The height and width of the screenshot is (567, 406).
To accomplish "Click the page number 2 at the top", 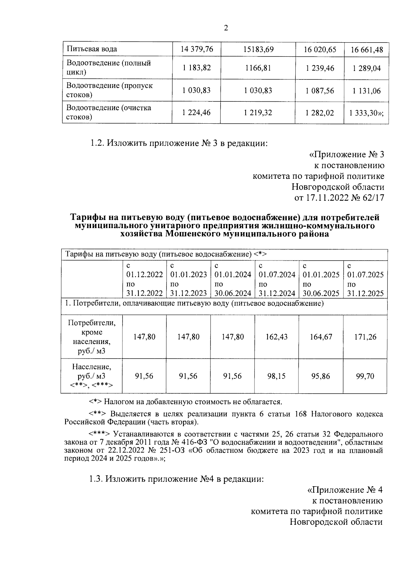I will coord(226,28).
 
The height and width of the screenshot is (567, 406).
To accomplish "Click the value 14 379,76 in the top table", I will coord(197,49).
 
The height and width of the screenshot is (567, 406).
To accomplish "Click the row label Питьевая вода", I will coord(92,49).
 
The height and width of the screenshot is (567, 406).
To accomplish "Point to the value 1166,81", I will coord(258,68).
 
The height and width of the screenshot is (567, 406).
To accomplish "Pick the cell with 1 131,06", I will coord(367,91).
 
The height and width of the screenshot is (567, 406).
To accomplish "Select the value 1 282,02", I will coord(320,113).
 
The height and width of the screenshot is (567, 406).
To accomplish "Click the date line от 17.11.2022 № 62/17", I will coord(339,198).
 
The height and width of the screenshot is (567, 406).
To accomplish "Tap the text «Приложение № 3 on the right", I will coord(347,154).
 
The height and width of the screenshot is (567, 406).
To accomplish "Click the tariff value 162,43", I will coord(277,337).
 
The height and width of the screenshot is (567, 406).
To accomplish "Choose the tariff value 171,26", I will coord(365,337).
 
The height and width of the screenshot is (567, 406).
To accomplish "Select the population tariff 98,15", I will coord(277,376).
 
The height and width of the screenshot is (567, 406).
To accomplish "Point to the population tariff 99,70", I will coord(365,376).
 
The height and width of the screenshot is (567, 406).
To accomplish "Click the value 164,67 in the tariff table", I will coord(321,337).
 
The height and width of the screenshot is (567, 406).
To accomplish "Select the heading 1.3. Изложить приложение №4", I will coord(176,479).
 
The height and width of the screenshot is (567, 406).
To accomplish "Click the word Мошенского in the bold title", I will coord(191,234).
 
